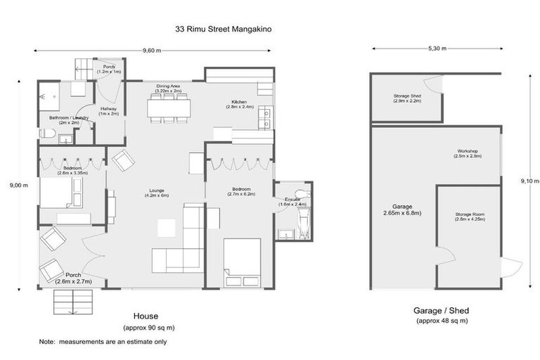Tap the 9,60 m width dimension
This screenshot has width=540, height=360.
pos(152,51)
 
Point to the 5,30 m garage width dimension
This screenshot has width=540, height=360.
pos(437,49)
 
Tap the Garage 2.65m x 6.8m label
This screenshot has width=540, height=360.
pos(397,210)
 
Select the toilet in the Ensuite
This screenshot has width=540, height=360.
pos(300,193)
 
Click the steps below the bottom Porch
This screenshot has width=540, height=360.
pos(71,302)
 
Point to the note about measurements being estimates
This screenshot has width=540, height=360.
pos(103,342)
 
